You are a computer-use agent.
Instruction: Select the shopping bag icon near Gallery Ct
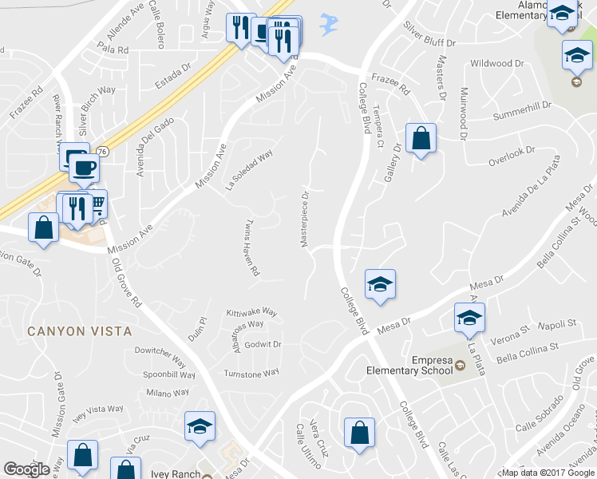(x=421, y=138)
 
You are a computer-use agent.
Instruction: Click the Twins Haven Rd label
(x=252, y=247)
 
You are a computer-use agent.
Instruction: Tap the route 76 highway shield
(x=102, y=152)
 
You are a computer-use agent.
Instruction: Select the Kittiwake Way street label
(x=251, y=312)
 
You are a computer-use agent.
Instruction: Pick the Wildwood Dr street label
(x=496, y=63)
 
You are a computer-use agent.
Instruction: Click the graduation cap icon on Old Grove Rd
(x=200, y=426)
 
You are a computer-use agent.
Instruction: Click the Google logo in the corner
(x=26, y=469)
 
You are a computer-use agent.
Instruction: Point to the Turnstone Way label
(x=251, y=373)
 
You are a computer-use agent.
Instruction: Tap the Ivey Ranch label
(x=173, y=474)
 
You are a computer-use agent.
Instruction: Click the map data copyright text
(x=548, y=473)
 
